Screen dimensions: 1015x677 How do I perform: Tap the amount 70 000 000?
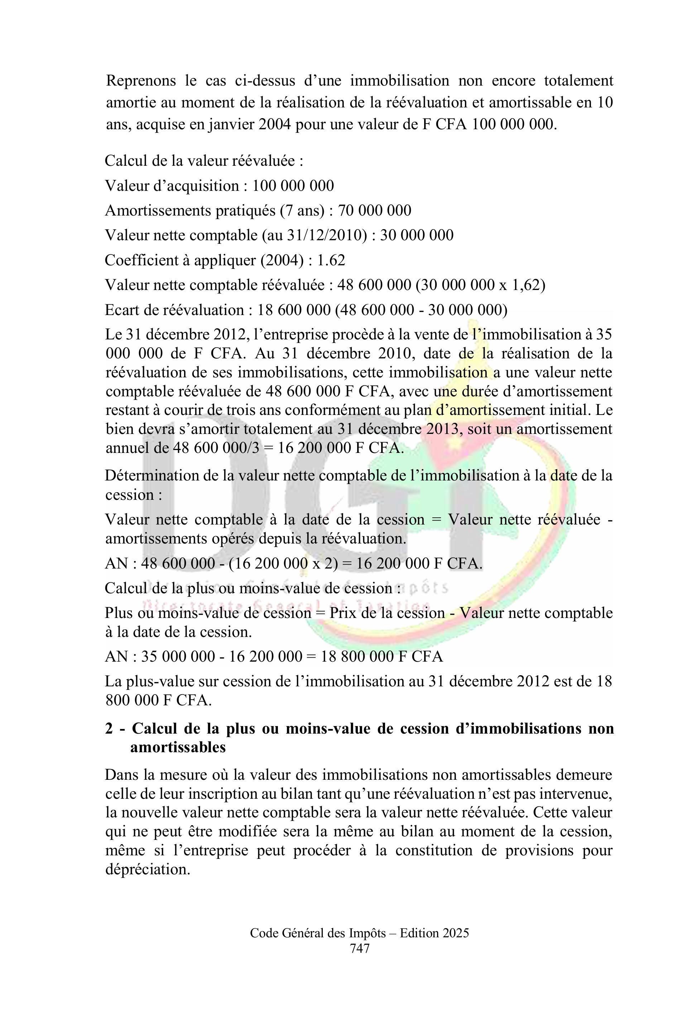pos(374,211)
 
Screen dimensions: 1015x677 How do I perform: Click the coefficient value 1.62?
pos(331,261)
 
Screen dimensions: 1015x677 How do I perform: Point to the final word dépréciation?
pos(148,869)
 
